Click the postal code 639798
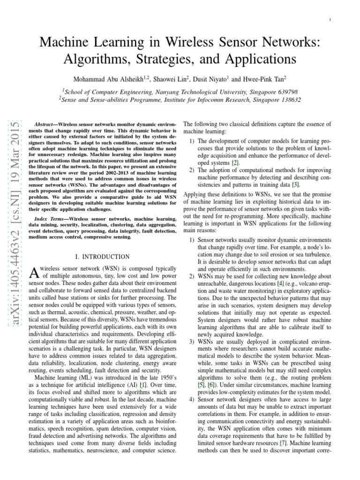286,91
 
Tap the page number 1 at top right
330,19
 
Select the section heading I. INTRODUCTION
103,257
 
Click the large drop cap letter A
33,272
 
